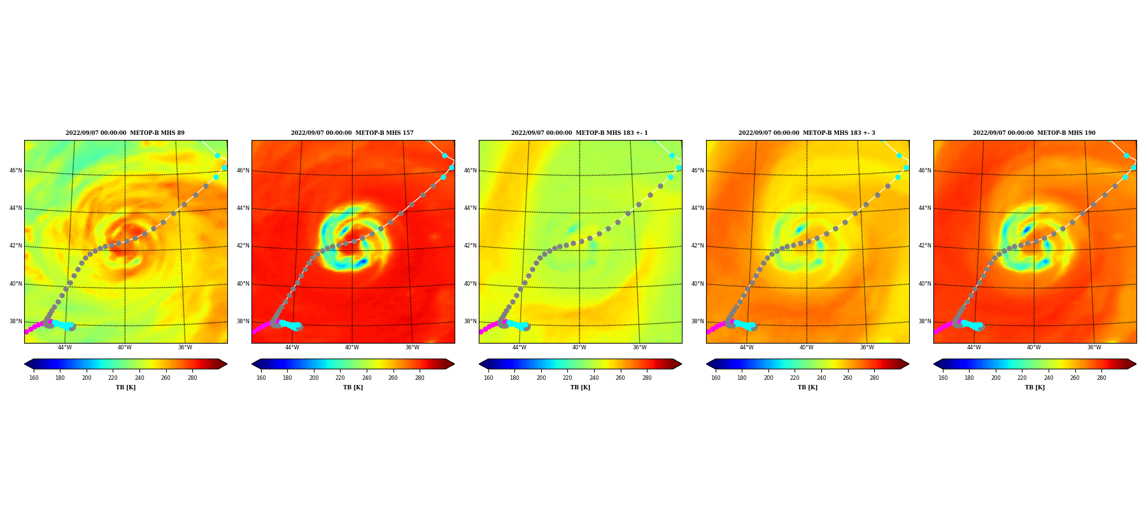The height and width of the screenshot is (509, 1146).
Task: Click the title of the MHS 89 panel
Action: (x=125, y=133)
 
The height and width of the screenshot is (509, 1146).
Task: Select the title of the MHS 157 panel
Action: (x=352, y=133)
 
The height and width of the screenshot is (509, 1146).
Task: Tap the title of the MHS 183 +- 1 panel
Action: (x=579, y=133)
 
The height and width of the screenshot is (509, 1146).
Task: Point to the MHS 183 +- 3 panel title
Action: (x=807, y=133)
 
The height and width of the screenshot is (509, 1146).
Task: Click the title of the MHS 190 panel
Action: (x=1034, y=133)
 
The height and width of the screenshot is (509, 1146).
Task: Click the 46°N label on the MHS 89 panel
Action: (x=16, y=171)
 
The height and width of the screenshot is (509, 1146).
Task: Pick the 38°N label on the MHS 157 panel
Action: (x=243, y=321)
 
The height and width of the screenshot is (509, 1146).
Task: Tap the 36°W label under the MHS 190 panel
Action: (x=1094, y=347)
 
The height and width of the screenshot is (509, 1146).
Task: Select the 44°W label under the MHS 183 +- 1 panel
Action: (x=519, y=347)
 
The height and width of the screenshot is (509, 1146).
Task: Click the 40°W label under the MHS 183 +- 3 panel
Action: (x=807, y=347)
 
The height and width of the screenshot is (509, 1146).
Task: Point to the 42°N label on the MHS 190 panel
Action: (x=925, y=246)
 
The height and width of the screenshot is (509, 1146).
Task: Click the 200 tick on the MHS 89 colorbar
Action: (x=87, y=378)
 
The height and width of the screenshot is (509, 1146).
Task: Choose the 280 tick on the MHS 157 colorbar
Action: (x=420, y=378)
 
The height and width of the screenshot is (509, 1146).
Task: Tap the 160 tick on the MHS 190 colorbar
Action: (x=943, y=378)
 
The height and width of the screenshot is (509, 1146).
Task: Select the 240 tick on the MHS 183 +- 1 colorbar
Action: (x=594, y=378)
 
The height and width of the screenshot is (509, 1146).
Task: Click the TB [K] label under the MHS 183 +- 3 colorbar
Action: (x=807, y=387)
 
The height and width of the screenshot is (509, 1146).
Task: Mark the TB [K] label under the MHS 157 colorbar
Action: (x=353, y=387)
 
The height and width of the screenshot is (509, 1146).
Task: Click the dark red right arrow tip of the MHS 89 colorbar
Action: (x=227, y=364)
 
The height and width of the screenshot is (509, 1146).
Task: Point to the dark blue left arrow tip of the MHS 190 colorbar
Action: (x=934, y=364)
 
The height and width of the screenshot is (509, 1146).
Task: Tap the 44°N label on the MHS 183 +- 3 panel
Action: (x=698, y=208)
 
